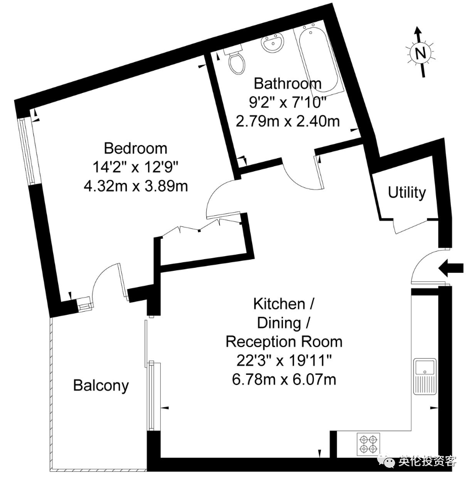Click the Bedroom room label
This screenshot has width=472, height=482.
tap(135, 149)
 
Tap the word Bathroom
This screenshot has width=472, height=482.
tap(288, 83)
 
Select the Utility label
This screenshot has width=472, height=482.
tap(407, 192)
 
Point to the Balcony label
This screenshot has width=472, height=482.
tap(101, 386)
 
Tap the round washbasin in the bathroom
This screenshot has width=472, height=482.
tap(272, 43)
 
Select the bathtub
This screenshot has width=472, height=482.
tap(318, 59)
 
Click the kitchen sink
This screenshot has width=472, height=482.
tap(424, 376)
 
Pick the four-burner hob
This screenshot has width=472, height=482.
tap(368, 444)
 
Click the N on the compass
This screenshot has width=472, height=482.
tap(420, 53)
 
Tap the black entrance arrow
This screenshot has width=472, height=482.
tap(451, 268)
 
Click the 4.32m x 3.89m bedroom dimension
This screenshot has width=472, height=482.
tap(135, 186)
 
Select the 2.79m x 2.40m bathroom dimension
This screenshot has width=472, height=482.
tap(288, 121)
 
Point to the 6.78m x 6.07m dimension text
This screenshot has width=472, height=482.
tap(284, 379)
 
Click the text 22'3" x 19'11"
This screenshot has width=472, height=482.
tap(284, 360)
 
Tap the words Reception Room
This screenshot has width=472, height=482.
tap(284, 342)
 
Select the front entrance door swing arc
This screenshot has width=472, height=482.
tap(422, 261)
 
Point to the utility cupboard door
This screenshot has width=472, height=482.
tap(410, 227)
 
